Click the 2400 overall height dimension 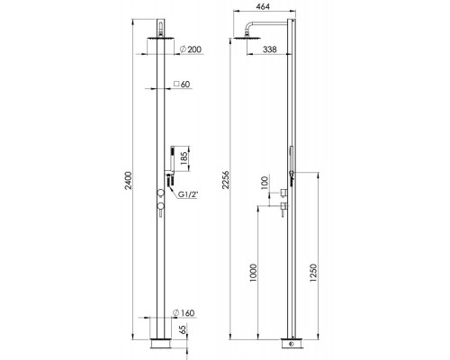(x=128, y=180)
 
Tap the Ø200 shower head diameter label (x=191, y=49)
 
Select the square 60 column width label (x=182, y=85)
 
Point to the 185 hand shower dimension (x=184, y=158)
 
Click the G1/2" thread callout (x=188, y=195)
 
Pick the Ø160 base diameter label (x=184, y=313)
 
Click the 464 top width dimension (x=262, y=6)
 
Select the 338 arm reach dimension (x=269, y=49)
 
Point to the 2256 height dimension (x=225, y=180)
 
